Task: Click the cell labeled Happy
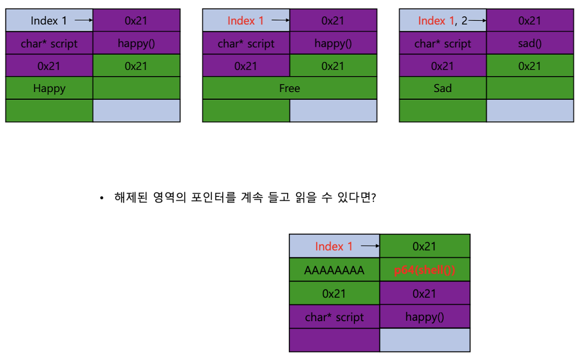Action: (x=49, y=88)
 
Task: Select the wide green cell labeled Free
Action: (x=289, y=88)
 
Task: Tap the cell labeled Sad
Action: (x=442, y=88)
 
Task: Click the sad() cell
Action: (x=530, y=43)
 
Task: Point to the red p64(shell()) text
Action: (x=424, y=270)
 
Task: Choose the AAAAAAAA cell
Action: (x=334, y=270)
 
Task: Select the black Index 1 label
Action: (x=48, y=20)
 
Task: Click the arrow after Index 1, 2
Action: (x=477, y=20)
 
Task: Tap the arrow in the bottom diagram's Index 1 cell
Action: (x=370, y=246)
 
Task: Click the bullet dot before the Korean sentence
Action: (x=102, y=198)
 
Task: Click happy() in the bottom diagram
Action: (x=424, y=317)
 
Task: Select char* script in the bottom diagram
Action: (x=334, y=317)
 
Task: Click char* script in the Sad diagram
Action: (x=442, y=43)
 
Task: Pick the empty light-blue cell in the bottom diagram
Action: (x=425, y=340)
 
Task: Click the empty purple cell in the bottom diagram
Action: (x=334, y=340)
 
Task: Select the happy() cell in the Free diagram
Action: (x=333, y=43)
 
